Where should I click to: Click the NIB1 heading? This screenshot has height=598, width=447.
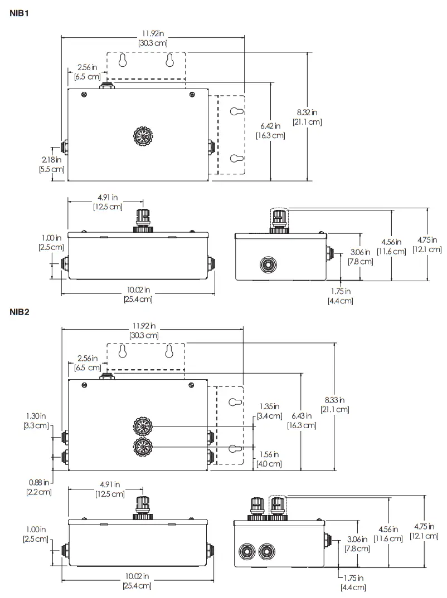point(19,13)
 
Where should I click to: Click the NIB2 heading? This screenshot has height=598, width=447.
point(19,311)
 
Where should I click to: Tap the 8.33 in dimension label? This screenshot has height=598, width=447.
point(334,400)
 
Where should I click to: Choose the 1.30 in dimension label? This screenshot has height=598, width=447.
point(36,415)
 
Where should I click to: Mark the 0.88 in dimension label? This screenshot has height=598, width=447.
point(38,482)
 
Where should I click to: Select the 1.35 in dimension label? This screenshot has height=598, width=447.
point(269,406)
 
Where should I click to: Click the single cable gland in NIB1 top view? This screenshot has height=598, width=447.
point(143,136)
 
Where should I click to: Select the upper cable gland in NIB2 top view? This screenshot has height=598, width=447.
point(142,427)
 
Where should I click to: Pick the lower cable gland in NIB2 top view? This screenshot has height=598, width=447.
point(142,447)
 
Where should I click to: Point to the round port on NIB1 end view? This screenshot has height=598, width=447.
point(268,264)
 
